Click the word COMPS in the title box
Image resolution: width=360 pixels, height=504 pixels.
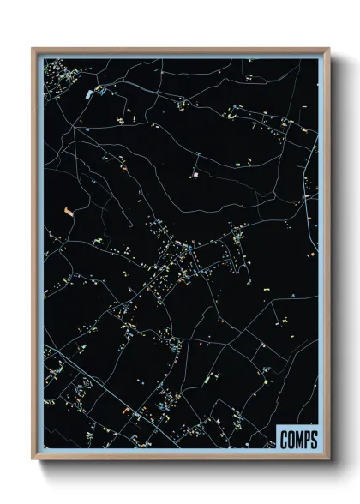tap(298, 441)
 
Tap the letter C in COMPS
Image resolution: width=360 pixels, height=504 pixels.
tap(285, 441)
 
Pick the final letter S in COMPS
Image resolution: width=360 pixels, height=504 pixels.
tap(314, 441)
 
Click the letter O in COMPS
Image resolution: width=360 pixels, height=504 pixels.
tap(291, 441)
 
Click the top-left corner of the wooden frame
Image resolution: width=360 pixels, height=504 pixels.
tap(33, 49)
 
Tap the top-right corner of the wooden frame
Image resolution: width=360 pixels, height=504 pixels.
tap(327, 49)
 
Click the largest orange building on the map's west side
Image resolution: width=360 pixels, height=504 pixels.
tap(69, 209)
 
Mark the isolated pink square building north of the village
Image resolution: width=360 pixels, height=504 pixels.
tap(195, 174)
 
